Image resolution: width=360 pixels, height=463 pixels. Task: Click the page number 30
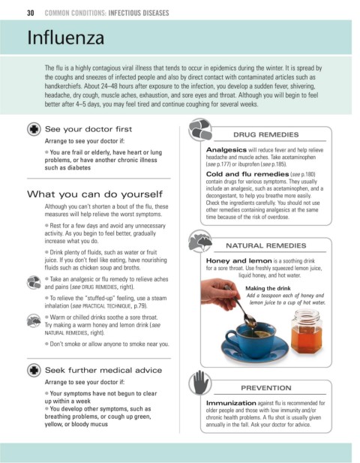[x=31, y=13]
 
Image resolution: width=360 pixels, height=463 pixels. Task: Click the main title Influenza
[x=66, y=38]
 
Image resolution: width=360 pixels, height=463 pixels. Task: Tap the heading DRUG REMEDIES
[x=265, y=134]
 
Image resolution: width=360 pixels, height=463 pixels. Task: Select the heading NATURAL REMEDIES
[x=265, y=245]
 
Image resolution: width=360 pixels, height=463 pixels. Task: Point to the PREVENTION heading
[x=265, y=388]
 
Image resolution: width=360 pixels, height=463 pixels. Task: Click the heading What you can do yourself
[x=94, y=194]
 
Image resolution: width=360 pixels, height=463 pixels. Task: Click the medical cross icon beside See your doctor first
[x=34, y=129]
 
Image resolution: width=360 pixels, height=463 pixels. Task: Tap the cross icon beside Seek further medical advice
[x=34, y=370]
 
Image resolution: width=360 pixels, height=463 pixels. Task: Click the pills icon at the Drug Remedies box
[x=200, y=130]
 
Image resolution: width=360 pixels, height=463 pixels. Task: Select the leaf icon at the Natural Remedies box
[x=200, y=241]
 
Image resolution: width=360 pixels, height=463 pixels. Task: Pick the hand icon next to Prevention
[x=200, y=383]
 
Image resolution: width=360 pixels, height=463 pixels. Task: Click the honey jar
[x=306, y=331]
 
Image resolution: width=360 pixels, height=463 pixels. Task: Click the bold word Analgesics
[x=226, y=150]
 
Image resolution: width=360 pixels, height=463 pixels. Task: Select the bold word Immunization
[x=231, y=403]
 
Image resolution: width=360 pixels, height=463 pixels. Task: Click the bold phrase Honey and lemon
[x=238, y=260]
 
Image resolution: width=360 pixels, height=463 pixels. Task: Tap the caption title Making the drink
[x=268, y=288]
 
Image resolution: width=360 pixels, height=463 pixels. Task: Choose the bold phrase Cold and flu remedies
[x=247, y=174]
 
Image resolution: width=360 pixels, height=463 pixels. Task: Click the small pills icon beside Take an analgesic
[x=34, y=283]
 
